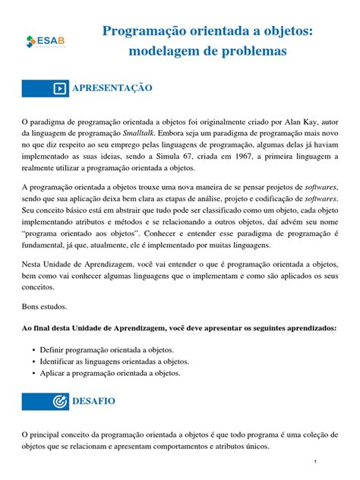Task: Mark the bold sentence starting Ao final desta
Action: click(179, 328)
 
